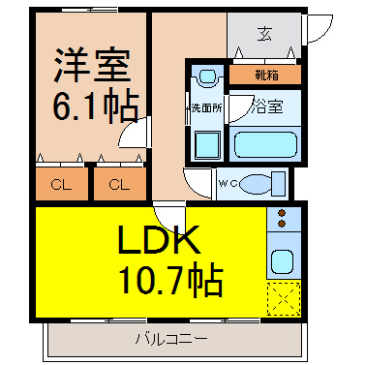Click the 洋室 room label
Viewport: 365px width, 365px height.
[x=92, y=65]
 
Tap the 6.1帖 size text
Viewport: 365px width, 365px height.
[x=96, y=105]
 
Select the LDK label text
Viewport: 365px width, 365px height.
[x=159, y=239]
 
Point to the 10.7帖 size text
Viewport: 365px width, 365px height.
[x=171, y=280]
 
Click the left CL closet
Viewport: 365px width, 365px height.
[x=62, y=184]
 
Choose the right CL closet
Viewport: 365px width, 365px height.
[x=120, y=184]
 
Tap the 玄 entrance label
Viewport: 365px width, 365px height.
[x=264, y=34]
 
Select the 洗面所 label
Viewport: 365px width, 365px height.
[x=206, y=107]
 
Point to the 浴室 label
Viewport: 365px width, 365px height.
[x=267, y=106]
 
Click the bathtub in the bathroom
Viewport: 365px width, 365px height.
[x=265, y=144]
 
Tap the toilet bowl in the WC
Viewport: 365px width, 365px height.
[x=257, y=184]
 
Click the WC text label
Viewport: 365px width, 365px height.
[x=228, y=184]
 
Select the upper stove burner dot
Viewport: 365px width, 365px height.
[x=282, y=213]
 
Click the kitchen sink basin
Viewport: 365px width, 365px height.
[x=282, y=262]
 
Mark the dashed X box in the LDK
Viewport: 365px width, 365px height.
[x=284, y=298]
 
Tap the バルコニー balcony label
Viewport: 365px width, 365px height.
[x=171, y=339]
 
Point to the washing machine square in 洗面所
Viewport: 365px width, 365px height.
[x=207, y=145]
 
